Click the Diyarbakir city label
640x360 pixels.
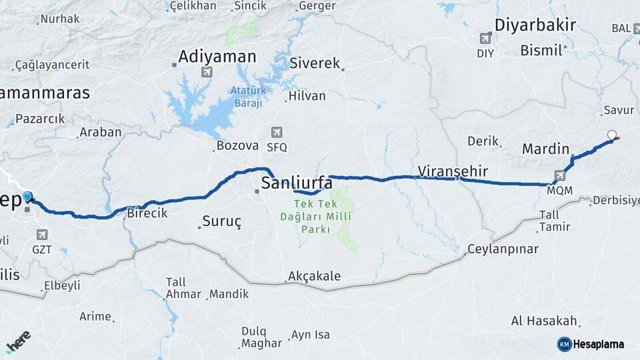pos(535,25)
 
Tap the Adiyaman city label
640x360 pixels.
pos(217,57)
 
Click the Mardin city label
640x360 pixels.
pos(545,148)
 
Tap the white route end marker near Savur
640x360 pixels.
pos(612,135)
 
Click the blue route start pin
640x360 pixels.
pos(27,197)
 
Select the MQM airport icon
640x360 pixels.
pos(559,175)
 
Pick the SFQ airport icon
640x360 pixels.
pos(277,132)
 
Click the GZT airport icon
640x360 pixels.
pos(42,234)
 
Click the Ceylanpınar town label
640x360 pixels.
pos(503,249)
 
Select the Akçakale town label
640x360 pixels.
pos(314,276)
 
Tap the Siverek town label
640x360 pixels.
pos(315,63)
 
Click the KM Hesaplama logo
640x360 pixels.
pos(591,344)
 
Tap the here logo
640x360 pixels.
pos(18,342)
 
